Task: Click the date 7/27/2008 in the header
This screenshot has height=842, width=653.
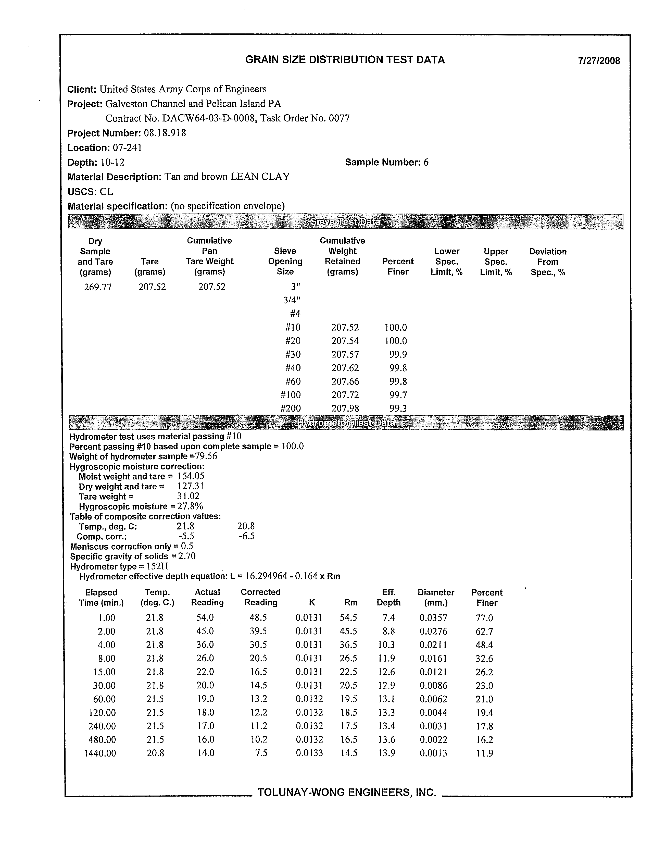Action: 599,60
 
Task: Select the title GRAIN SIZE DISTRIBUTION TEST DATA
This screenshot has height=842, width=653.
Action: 345,60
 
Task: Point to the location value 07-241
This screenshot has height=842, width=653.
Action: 127,148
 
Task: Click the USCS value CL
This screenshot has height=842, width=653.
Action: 106,192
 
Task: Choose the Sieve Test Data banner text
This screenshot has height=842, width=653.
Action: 345,222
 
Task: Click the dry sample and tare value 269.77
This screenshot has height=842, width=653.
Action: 98,287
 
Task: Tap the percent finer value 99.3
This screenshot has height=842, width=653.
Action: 398,408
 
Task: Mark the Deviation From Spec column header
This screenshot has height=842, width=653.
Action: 547,262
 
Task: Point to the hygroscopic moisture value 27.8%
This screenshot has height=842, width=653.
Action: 190,506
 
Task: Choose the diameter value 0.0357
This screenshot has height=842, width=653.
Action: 433,618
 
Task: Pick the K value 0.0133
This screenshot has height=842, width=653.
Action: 309,753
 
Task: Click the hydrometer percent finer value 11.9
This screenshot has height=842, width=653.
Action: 485,753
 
